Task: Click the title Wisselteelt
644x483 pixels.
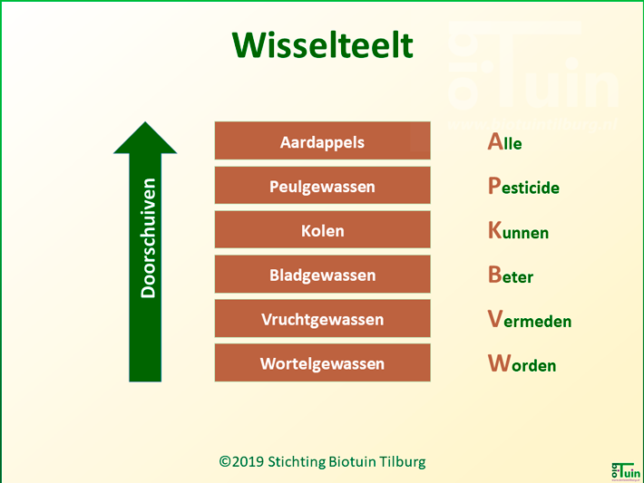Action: [322, 45]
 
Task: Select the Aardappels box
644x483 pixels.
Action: [322, 140]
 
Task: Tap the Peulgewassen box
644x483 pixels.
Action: [322, 185]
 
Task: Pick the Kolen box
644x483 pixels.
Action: [322, 229]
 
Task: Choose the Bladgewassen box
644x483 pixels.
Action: [322, 274]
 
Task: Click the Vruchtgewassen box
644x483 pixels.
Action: [322, 318]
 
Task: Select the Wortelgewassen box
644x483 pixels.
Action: [322, 362]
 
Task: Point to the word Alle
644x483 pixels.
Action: [504, 141]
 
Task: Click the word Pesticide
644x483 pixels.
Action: [523, 186]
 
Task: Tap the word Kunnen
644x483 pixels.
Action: [518, 230]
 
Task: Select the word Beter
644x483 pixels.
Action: [511, 275]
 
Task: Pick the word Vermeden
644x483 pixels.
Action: [530, 319]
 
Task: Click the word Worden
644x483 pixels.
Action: [522, 363]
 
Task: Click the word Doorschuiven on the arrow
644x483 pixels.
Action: [148, 238]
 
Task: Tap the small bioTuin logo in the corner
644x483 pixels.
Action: [627, 471]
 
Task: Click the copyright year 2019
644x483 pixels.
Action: [248, 461]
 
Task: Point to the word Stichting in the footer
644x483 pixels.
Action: [297, 461]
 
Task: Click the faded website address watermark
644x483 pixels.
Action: [532, 124]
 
